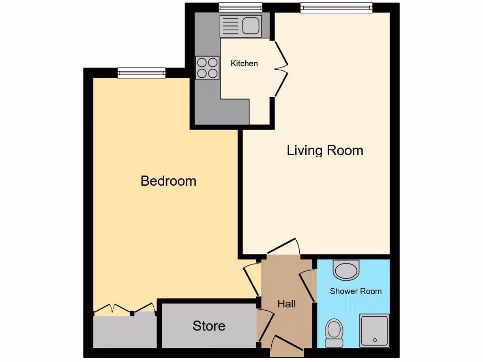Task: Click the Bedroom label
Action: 168,181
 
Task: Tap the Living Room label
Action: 325,151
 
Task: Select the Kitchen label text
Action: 244,63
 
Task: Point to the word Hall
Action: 287,304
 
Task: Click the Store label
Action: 209,326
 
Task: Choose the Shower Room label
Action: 356,291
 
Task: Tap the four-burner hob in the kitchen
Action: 208,67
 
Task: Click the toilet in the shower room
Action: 334,332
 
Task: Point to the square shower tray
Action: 375,330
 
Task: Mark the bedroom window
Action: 142,72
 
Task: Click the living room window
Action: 336,7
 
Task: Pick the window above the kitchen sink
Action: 241,7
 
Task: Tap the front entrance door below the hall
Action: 287,346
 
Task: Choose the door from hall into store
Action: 263,327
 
